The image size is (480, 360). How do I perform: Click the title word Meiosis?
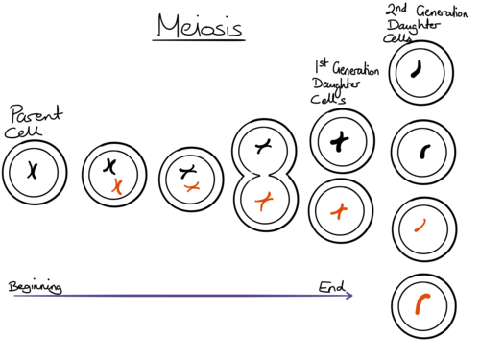coord(200,26)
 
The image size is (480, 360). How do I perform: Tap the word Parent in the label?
coord(36,114)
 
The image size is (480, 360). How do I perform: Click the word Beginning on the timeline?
coord(36,287)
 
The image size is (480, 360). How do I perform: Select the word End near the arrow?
coord(331,287)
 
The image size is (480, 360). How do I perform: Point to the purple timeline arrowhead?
coord(349,296)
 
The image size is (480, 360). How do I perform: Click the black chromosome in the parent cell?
coord(33,170)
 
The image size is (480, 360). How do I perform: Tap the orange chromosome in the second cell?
coord(117,186)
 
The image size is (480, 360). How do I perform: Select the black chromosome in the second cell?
coord(109,166)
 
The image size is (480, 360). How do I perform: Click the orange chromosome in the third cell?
coord(192,186)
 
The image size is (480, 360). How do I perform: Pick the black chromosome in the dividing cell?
coord(263,146)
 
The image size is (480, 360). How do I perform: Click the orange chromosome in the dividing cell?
coord(263,201)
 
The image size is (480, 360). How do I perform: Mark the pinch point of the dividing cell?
coord(265,175)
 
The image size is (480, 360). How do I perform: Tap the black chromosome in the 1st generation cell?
coord(339,141)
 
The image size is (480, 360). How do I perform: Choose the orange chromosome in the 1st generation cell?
coord(339,211)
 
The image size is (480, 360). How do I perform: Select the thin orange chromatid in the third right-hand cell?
coord(420,226)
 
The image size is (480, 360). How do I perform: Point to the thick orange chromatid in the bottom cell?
coord(420,303)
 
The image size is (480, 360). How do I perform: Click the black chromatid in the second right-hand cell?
coord(424,152)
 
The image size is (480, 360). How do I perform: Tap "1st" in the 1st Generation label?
coord(322,65)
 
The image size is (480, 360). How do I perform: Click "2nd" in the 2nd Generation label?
coord(396,10)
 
